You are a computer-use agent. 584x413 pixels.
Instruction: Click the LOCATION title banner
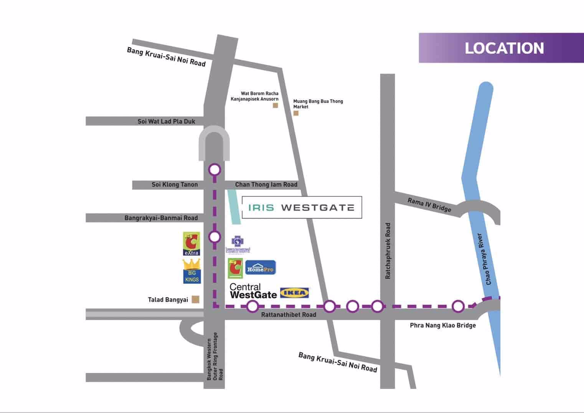pyautogui.click(x=501, y=48)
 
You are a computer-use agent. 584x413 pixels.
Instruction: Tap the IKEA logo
pyautogui.click(x=295, y=293)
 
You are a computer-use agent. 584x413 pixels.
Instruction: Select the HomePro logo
pyautogui.click(x=260, y=268)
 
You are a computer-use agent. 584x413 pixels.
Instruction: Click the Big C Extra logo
pyautogui.click(x=191, y=244)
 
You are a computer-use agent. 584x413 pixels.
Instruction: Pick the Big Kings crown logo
pyautogui.click(x=192, y=271)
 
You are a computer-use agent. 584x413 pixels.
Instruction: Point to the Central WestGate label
pyautogui.click(x=253, y=291)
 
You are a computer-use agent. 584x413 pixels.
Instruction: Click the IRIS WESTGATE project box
pyautogui.click(x=302, y=208)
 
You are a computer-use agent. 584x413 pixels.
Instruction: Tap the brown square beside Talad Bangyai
pyautogui.click(x=195, y=299)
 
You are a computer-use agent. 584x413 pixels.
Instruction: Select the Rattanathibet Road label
pyautogui.click(x=289, y=315)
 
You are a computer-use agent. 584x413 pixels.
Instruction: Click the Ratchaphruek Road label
pyautogui.click(x=388, y=251)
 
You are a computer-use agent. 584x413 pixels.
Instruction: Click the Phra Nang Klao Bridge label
pyautogui.click(x=442, y=325)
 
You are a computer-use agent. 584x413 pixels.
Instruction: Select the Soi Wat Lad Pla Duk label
pyautogui.click(x=166, y=121)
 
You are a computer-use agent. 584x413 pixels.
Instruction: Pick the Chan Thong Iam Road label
pyautogui.click(x=266, y=185)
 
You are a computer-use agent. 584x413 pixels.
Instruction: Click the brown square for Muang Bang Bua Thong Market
pyautogui.click(x=296, y=113)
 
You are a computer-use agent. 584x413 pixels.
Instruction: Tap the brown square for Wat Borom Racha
pyautogui.click(x=275, y=105)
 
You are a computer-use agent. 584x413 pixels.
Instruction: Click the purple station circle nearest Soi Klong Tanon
pyautogui.click(x=214, y=169)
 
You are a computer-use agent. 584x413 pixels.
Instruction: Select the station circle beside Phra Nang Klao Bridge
pyautogui.click(x=458, y=306)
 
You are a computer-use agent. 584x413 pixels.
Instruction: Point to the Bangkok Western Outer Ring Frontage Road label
pyautogui.click(x=214, y=357)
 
